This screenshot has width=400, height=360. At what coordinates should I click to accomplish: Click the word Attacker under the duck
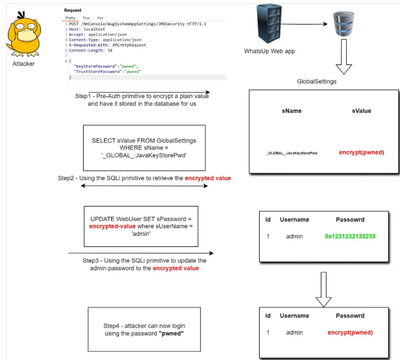[x=23, y=64]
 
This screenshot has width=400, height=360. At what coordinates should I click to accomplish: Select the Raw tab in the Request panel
[x=86, y=18]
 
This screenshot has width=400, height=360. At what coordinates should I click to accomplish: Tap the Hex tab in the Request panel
[x=100, y=18]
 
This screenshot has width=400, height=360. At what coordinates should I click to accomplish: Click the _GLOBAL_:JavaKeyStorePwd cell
[x=292, y=153]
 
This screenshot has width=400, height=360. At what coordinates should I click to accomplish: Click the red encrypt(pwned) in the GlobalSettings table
[x=361, y=152]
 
